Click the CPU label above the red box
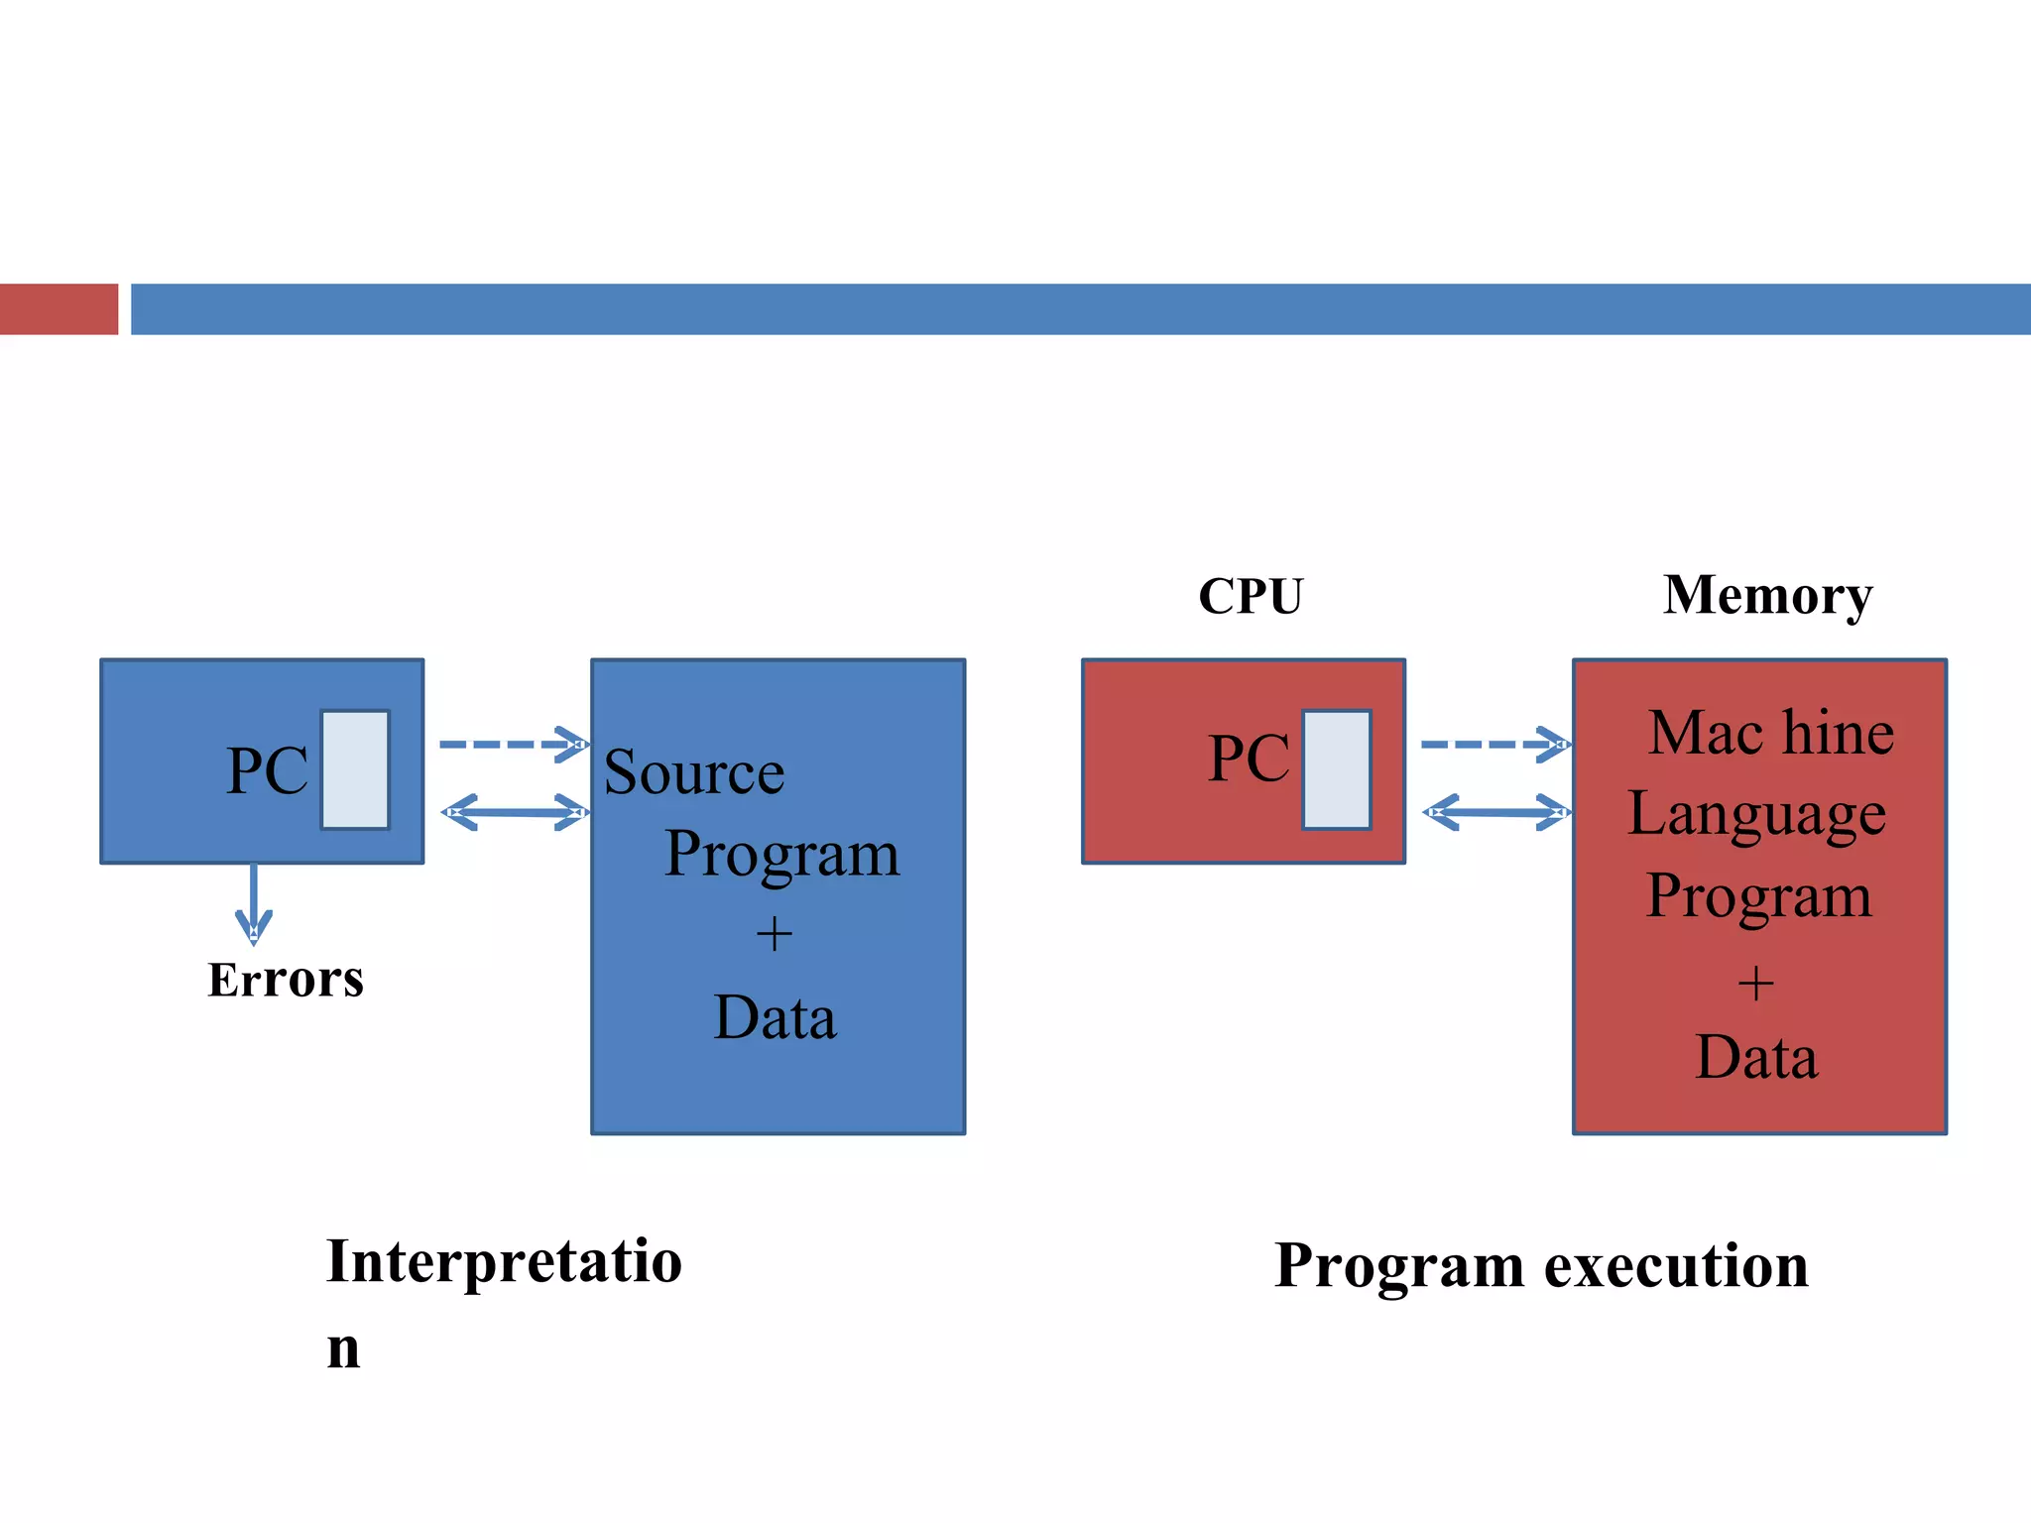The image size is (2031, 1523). pos(1250,597)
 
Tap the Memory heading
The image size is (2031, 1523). pos(1767,596)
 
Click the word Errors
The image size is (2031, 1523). pos(286,980)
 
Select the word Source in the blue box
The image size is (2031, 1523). pos(693,772)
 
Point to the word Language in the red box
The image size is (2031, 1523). pos(1756,815)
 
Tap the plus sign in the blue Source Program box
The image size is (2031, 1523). pos(774,934)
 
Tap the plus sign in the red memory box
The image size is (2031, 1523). pos(1755,984)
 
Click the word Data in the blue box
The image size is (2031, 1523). pos(775,1017)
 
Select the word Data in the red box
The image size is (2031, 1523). pos(1756,1057)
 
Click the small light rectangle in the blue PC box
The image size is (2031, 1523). pos(355,769)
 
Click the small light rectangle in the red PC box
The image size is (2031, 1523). pos(1336,769)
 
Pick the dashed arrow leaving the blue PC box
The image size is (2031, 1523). pos(512,745)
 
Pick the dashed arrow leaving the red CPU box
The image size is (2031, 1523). pos(1493,745)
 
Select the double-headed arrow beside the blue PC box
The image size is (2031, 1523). pos(514,813)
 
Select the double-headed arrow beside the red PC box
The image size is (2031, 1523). pos(1495,813)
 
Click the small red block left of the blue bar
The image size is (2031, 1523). pos(59,309)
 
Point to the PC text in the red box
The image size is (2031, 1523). pos(1248,760)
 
